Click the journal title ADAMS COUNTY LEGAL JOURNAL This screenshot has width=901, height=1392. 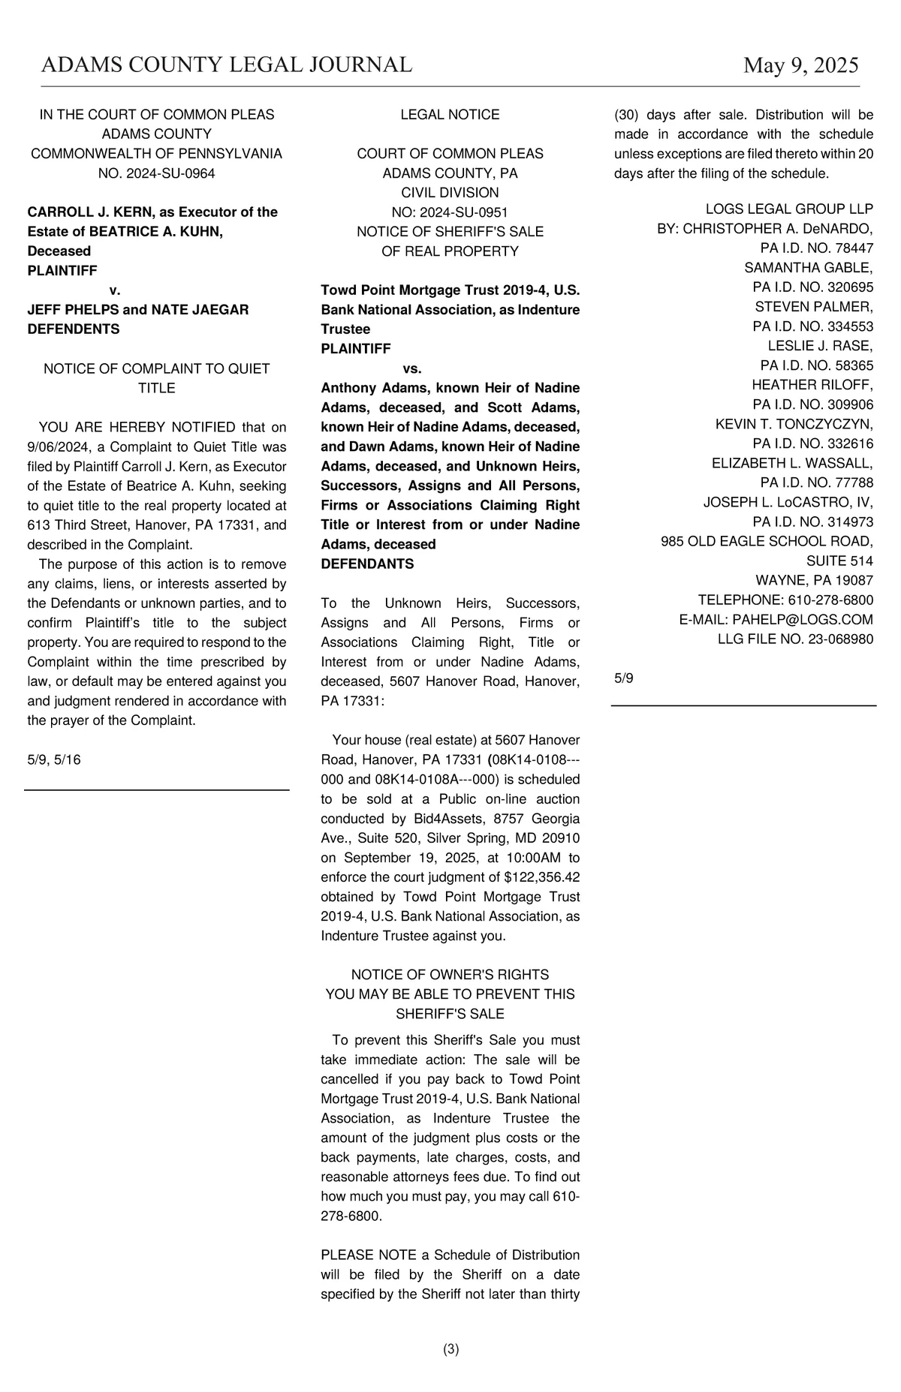tap(227, 65)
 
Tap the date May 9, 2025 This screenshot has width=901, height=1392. tap(800, 66)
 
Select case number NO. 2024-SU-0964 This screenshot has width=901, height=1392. tap(157, 173)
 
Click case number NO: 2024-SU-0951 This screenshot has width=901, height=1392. tap(450, 212)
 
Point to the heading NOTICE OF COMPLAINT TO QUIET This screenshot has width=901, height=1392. tap(157, 368)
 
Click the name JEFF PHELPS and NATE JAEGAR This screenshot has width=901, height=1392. tap(138, 310)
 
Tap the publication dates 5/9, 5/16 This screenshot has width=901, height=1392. tap(54, 759)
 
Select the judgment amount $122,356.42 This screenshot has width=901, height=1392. tap(542, 877)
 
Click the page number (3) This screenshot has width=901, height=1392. tap(450, 1349)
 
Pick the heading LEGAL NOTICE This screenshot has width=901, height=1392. tap(450, 115)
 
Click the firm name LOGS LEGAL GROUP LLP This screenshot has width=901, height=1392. tap(789, 209)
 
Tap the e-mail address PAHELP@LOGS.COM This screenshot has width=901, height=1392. tap(803, 620)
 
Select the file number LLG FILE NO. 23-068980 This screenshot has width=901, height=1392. tap(795, 639)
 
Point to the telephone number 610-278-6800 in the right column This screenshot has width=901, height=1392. tap(830, 600)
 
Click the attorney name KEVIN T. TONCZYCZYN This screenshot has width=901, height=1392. tap(794, 424)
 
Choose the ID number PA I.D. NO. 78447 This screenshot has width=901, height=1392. tap(817, 248)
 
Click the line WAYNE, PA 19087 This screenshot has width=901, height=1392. tap(814, 580)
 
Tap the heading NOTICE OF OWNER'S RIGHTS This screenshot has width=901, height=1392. tap(450, 975)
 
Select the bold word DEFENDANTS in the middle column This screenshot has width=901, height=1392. tap(367, 564)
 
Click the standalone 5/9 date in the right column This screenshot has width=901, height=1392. tap(624, 678)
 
